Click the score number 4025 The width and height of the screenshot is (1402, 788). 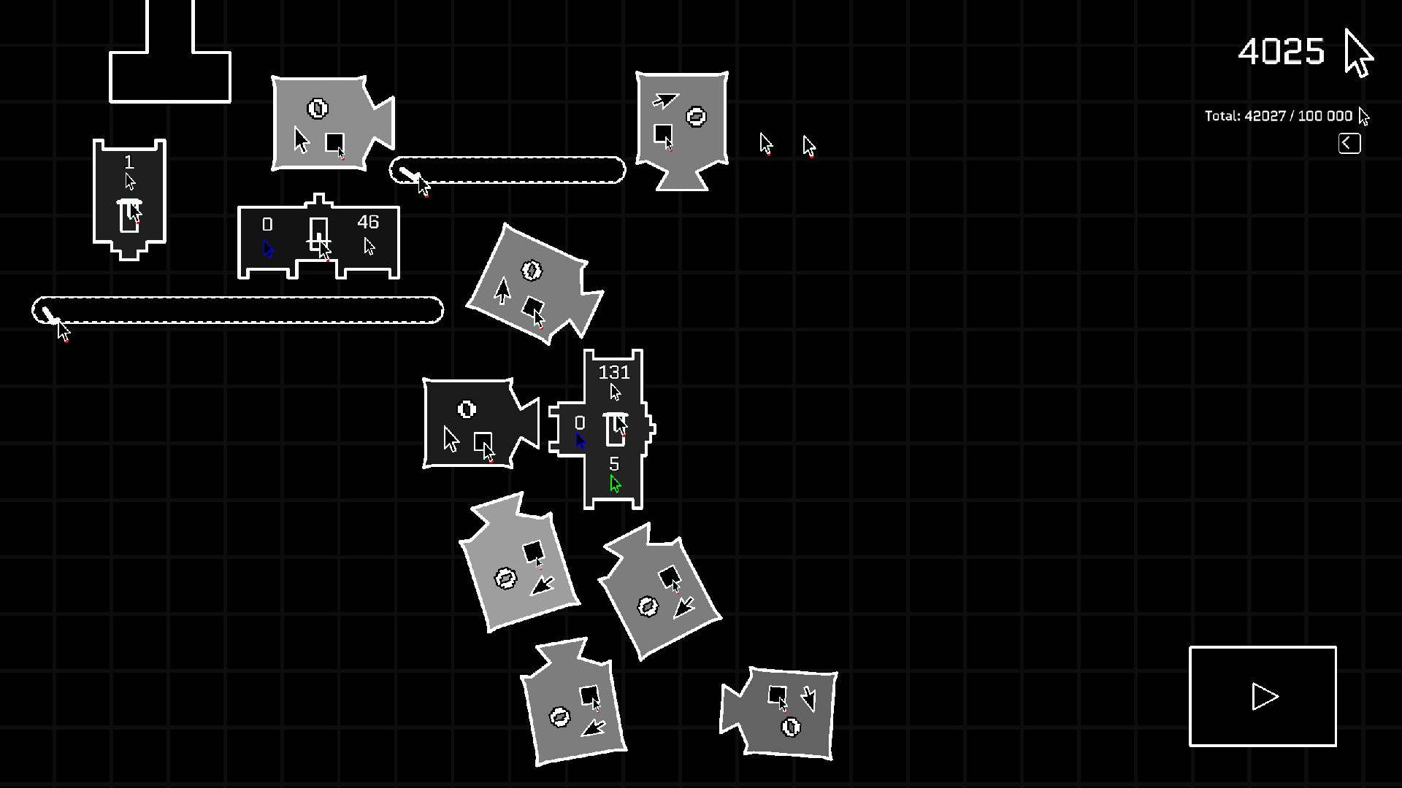pos(1281,52)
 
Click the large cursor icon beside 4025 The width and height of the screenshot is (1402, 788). pos(1358,53)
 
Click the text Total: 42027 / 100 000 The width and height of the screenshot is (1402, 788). pos(1278,116)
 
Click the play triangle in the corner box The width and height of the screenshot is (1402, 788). pos(1264,697)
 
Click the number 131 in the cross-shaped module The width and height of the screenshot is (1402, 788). pos(613,372)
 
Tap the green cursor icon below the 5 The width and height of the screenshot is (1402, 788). pos(615,484)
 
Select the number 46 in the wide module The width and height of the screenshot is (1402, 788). pos(368,222)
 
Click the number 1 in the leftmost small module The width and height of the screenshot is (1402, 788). pos(129,162)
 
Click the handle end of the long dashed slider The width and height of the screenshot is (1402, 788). pos(49,314)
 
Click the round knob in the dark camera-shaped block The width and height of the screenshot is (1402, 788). pos(467,409)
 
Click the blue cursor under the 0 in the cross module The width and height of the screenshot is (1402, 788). pos(581,441)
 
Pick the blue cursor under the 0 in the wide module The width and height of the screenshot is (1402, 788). pos(268,250)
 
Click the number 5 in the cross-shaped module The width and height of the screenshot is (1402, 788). pos(614,464)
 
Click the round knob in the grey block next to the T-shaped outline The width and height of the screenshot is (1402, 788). pos(318,109)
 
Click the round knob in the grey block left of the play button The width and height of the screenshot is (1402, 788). pos(791,727)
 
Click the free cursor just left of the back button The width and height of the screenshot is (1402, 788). pos(809,146)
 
